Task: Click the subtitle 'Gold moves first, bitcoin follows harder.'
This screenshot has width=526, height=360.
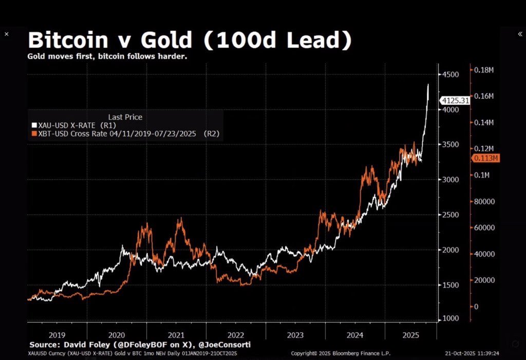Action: pos(107,56)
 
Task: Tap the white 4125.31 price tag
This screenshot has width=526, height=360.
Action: pos(455,101)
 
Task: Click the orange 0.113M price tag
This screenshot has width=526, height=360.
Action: pos(484,158)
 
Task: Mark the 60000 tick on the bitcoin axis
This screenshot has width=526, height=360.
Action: pos(484,228)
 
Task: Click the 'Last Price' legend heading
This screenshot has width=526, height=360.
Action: pos(125,117)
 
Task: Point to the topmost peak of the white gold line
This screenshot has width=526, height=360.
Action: pos(428,84)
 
